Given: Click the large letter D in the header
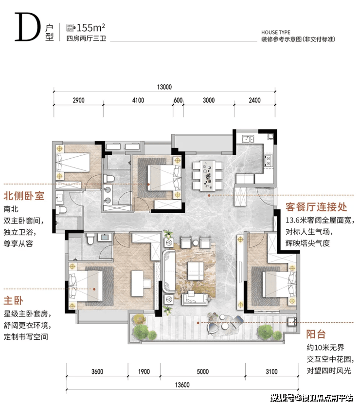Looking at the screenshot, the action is (27, 27).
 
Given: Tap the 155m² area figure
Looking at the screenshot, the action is (90, 27).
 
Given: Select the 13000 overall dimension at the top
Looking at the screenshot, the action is (164, 87).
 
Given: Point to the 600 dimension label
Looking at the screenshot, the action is (178, 100).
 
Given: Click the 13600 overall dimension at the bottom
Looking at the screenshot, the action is (182, 385).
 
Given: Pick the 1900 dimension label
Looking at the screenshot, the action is (144, 371).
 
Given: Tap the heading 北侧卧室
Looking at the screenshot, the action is (24, 196).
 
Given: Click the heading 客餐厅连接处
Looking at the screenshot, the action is (316, 207).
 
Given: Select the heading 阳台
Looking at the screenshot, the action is (316, 334).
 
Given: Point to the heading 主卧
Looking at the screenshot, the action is (13, 301).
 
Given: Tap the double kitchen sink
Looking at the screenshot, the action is (248, 139).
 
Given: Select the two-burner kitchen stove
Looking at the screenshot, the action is (268, 161).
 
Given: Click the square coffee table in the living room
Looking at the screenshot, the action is (196, 271).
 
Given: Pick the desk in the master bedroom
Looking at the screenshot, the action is (137, 283).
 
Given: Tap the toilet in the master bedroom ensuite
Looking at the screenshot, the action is (90, 239).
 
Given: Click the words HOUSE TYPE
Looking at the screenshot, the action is (276, 32).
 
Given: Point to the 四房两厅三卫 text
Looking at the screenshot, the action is (86, 38).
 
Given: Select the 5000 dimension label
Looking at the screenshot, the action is (203, 371).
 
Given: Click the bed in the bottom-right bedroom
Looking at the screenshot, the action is (279, 284).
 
